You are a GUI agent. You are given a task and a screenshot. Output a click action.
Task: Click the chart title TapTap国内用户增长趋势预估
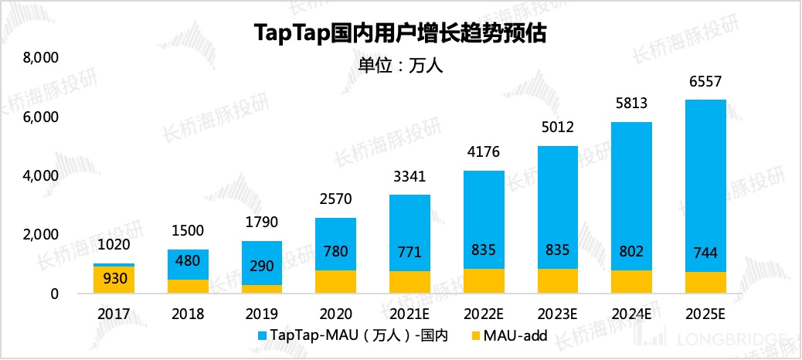(400, 33)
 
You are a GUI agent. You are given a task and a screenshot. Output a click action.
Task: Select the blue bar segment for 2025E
(706, 185)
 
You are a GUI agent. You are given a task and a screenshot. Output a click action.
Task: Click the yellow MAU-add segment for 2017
(114, 280)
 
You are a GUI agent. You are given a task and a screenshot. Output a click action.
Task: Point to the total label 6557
(706, 82)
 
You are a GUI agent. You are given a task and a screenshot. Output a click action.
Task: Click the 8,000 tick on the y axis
(40, 58)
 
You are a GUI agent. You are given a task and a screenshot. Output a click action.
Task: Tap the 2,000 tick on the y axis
(40, 235)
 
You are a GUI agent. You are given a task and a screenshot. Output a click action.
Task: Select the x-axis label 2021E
(410, 314)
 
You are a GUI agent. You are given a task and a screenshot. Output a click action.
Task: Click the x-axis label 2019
(262, 314)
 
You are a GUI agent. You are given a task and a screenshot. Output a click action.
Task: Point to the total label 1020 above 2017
(114, 246)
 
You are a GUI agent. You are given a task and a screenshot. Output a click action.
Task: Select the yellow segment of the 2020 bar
(336, 282)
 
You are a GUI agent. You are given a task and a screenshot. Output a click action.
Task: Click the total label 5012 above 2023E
(558, 128)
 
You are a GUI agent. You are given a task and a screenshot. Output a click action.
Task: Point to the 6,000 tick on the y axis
(40, 117)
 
